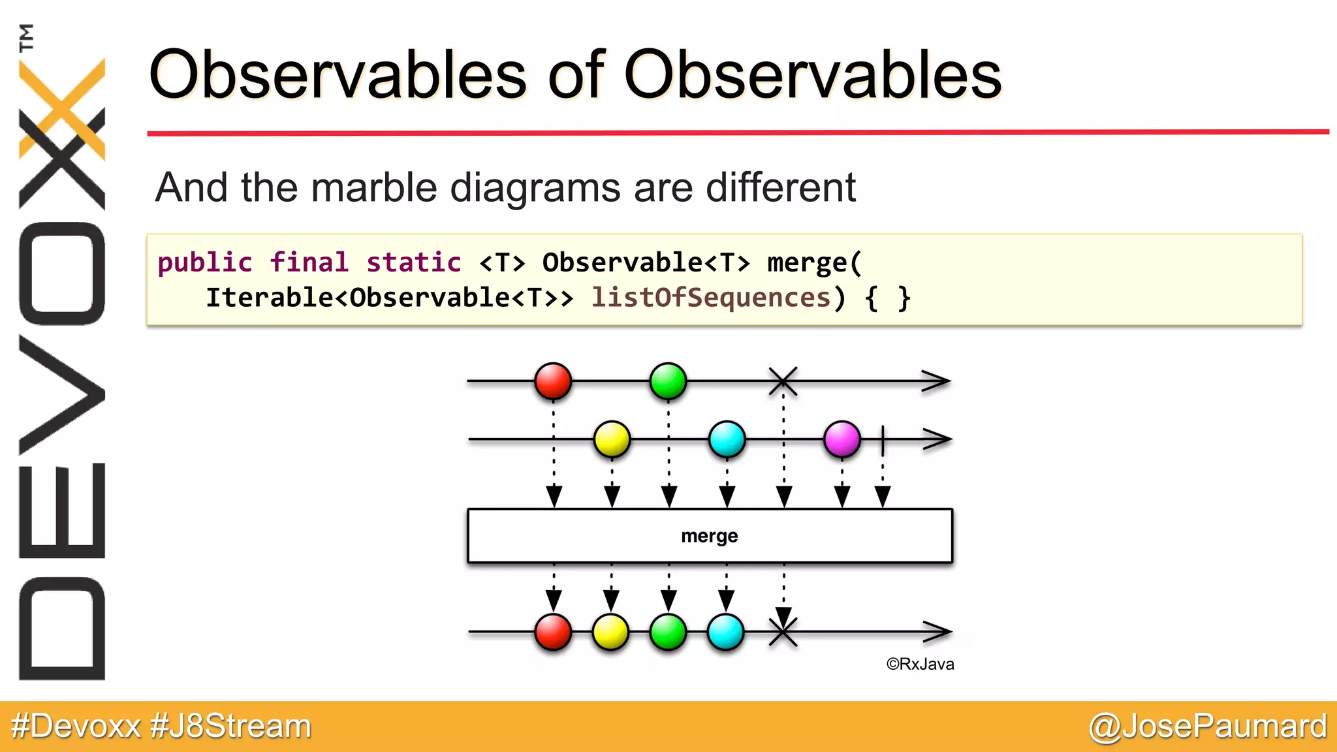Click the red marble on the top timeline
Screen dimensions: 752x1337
tap(553, 381)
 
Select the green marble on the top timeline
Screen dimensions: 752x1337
tap(668, 381)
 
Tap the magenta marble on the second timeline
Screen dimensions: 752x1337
tap(842, 439)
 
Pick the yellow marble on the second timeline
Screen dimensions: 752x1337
tap(612, 439)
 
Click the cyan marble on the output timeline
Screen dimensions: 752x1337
tap(725, 632)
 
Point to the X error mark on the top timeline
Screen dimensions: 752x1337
tap(783, 381)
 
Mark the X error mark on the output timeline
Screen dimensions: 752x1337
tap(783, 632)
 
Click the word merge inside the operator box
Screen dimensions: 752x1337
tap(709, 536)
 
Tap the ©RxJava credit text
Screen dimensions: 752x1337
tap(920, 664)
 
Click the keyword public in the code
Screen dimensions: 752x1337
tap(204, 262)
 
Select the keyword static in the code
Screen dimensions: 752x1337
tap(413, 262)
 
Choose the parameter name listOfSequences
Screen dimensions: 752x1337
tap(710, 298)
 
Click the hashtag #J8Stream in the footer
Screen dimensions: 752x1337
tap(230, 726)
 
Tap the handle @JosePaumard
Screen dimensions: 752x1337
tap(1208, 726)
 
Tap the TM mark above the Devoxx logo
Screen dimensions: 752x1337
tap(26, 37)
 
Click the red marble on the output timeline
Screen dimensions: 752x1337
tap(553, 632)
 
